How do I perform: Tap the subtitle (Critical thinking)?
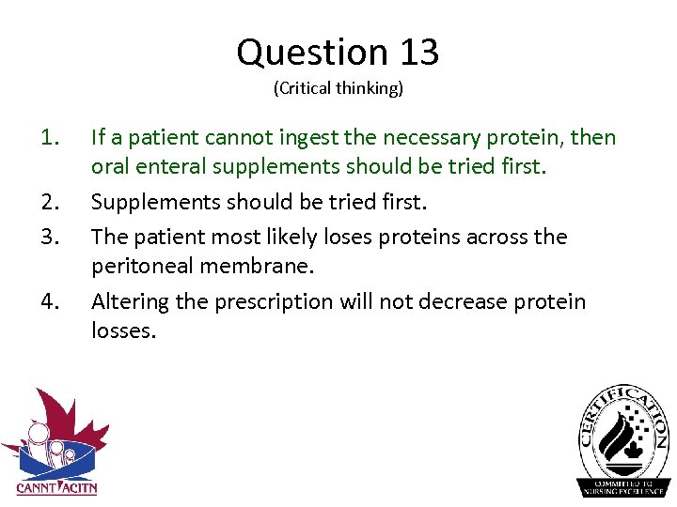tap(338, 89)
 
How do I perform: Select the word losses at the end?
tap(120, 331)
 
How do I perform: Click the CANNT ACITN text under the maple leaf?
tap(56, 487)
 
